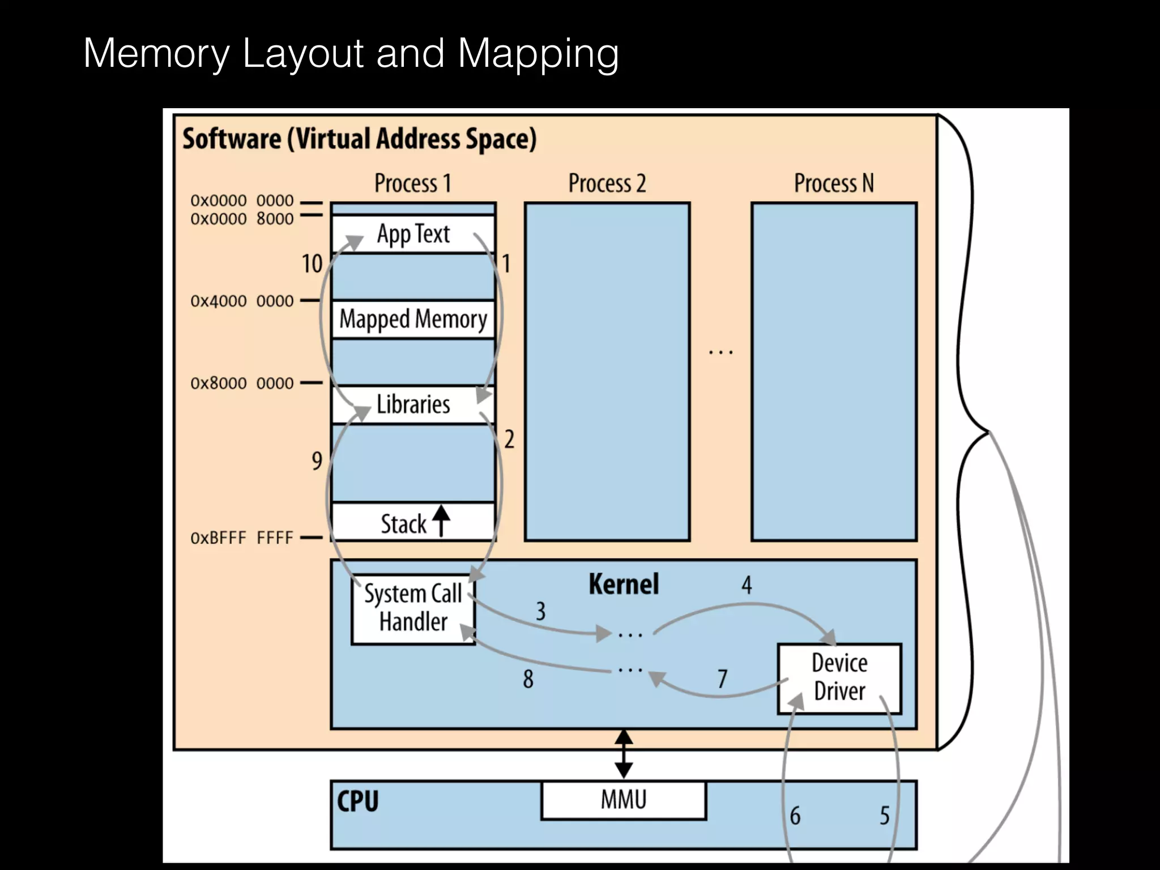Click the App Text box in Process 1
click(413, 234)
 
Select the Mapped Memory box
click(413, 319)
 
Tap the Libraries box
click(413, 404)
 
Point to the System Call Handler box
click(413, 608)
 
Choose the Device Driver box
click(839, 677)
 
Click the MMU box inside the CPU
click(624, 800)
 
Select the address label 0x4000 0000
click(242, 301)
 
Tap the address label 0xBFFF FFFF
click(242, 538)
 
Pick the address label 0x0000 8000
click(242, 219)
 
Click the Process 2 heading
click(607, 184)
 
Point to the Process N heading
click(834, 184)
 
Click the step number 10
click(312, 264)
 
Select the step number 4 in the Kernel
click(747, 585)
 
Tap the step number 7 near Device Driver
click(722, 679)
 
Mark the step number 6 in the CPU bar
click(795, 816)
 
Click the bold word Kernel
click(624, 584)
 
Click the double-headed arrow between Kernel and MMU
click(624, 754)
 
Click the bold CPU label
click(357, 801)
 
